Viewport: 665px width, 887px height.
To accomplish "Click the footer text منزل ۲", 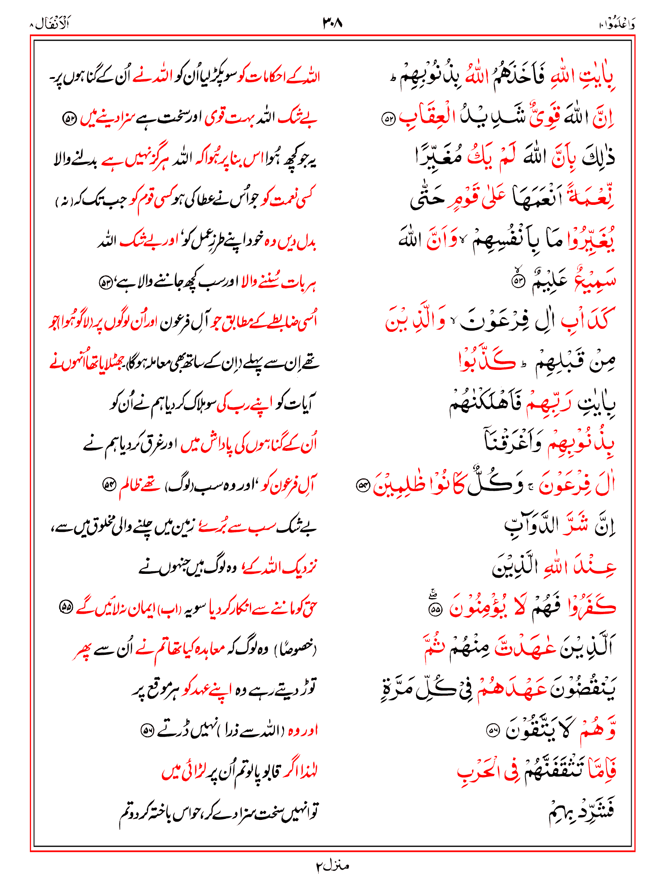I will [332, 866].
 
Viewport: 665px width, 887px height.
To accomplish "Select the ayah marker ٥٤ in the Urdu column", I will [108, 483].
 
